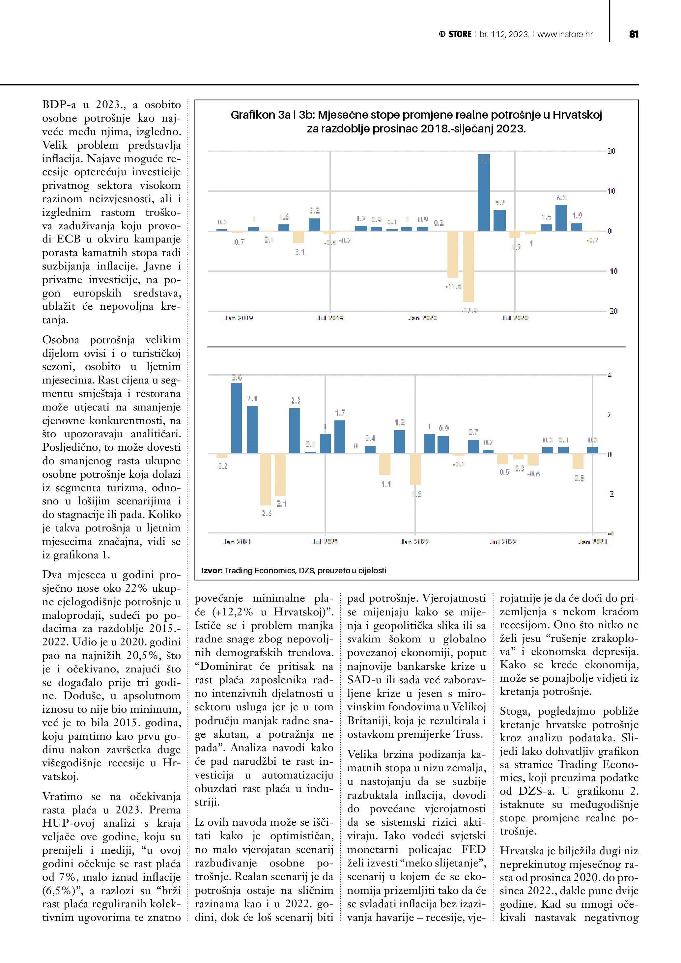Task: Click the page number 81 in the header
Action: pos(634,34)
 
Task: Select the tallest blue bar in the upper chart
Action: pos(484,193)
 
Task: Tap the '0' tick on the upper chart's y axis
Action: pos(610,231)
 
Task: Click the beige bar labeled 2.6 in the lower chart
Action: pos(266,479)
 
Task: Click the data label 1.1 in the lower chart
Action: pos(386,484)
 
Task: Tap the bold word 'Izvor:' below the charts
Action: pos(212,570)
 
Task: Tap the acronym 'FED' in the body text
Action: pos(473,850)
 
